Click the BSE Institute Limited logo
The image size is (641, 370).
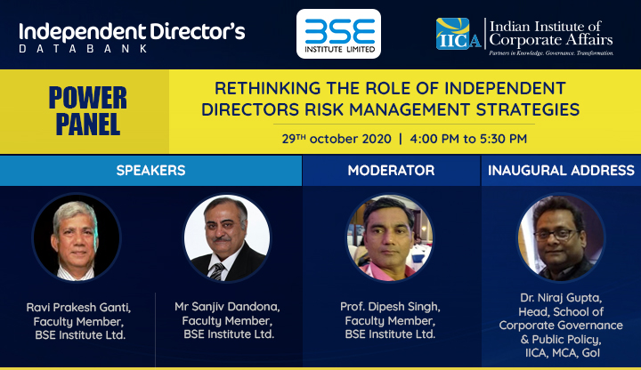click(x=338, y=34)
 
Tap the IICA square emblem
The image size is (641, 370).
click(x=453, y=34)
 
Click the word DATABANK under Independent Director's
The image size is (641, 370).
click(x=84, y=49)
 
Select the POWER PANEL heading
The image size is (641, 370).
click(x=88, y=110)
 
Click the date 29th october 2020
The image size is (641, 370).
click(x=337, y=139)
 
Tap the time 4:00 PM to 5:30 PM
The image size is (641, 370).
click(x=468, y=139)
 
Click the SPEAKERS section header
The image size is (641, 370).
click(x=150, y=170)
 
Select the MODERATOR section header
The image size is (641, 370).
click(x=391, y=170)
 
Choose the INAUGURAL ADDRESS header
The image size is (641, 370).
click(x=561, y=170)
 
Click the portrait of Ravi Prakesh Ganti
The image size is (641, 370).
click(x=77, y=237)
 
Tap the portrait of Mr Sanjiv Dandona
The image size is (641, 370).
click(x=227, y=237)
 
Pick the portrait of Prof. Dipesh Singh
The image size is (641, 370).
click(x=390, y=237)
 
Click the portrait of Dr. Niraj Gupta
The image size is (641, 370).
click(x=561, y=237)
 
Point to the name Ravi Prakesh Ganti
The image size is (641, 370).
click(x=78, y=307)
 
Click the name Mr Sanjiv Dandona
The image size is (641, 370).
click(x=227, y=306)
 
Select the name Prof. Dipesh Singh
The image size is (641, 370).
click(x=390, y=306)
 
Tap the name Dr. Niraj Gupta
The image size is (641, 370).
click(x=561, y=298)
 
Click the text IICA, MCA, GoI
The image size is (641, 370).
click(x=563, y=352)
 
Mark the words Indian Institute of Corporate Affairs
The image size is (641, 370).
click(x=551, y=33)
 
